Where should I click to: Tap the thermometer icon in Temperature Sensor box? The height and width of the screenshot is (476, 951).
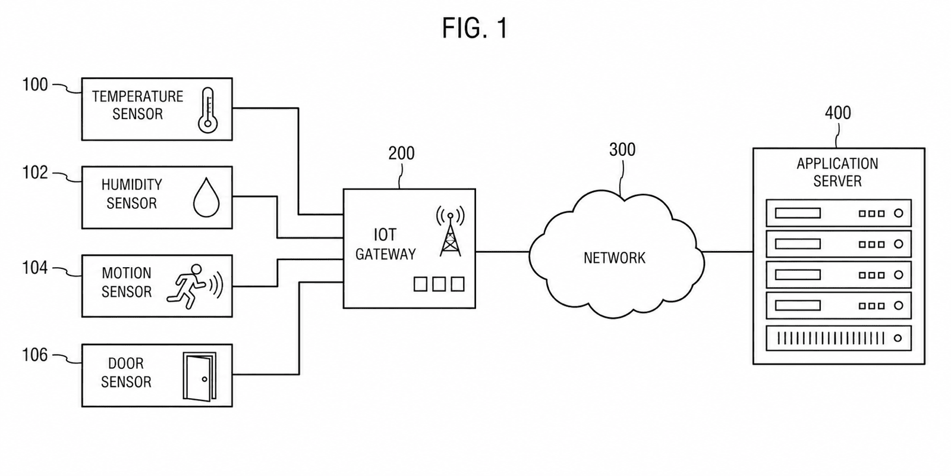click(207, 110)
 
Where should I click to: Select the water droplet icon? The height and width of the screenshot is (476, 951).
click(206, 197)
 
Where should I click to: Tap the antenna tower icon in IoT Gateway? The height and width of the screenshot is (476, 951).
click(451, 231)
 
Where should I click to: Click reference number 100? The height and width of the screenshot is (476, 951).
click(35, 84)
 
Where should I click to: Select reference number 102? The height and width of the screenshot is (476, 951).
click(35, 173)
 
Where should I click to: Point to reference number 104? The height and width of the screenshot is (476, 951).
click(35, 268)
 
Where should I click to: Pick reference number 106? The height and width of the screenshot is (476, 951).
click(35, 355)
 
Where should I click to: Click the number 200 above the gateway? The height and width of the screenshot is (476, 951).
click(401, 153)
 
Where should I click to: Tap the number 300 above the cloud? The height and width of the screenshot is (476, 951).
click(622, 149)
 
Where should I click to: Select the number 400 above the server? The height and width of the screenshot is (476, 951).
click(837, 112)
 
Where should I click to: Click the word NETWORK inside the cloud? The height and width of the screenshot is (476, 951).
click(615, 258)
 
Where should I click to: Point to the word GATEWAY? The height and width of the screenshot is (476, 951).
click(386, 254)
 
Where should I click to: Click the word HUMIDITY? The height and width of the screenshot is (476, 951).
click(131, 184)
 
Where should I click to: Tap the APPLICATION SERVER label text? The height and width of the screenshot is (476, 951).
click(837, 172)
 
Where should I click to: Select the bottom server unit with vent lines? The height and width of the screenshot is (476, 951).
click(839, 339)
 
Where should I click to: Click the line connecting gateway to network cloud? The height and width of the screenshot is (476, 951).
click(503, 252)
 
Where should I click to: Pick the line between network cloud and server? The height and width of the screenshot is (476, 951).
click(728, 252)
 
